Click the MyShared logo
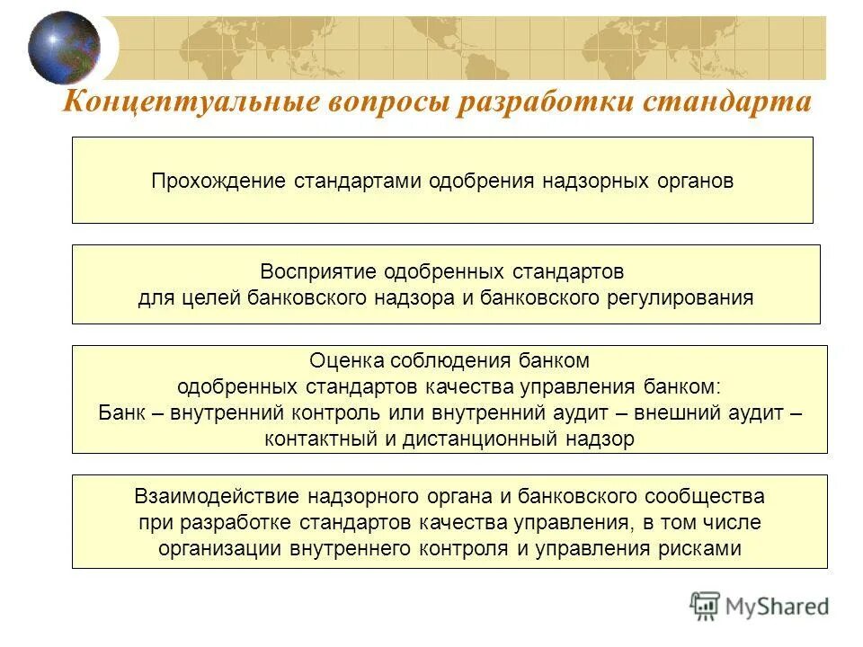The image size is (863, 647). [x=760, y=606]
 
